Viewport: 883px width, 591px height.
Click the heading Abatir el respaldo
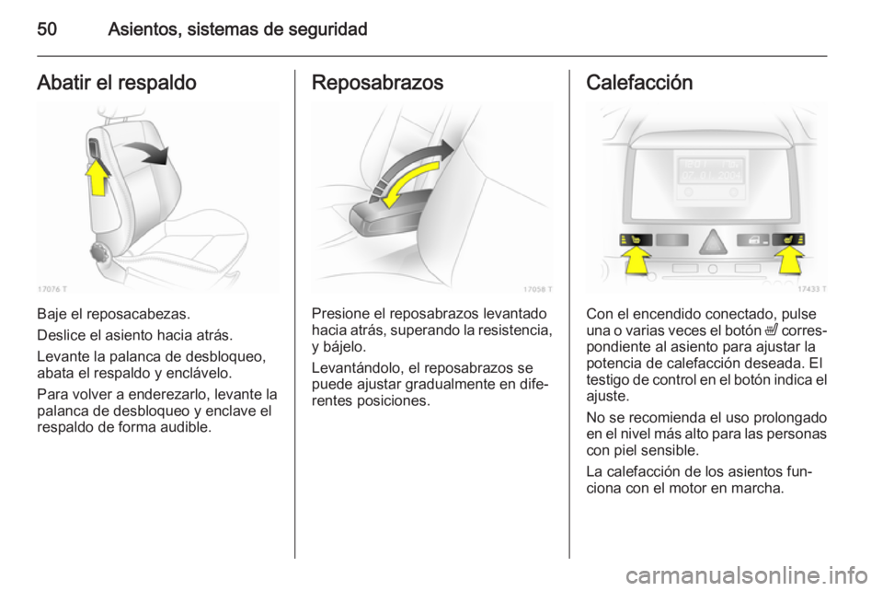point(116,82)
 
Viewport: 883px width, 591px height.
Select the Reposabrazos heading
point(378,82)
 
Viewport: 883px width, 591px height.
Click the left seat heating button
point(635,241)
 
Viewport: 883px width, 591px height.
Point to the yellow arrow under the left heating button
point(635,266)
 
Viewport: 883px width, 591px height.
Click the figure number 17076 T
point(53,288)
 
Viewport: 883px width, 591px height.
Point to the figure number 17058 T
point(535,288)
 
